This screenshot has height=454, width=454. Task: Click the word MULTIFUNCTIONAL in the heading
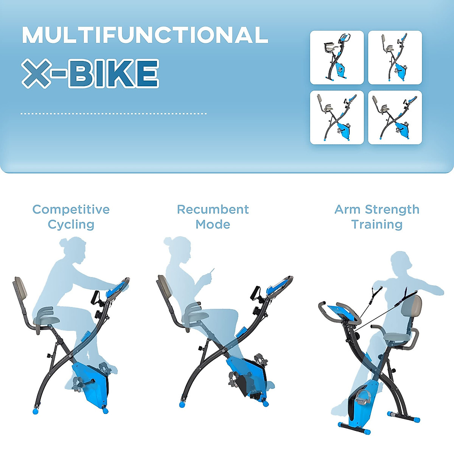145,35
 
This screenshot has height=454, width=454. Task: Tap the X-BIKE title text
90,73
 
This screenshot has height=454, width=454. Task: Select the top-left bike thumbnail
337,57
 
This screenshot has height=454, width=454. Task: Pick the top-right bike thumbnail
395,57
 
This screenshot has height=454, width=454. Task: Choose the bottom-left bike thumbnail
337,117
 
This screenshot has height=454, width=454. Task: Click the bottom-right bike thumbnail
395,117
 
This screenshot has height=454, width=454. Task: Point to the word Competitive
71,209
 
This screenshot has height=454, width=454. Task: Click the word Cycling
71,224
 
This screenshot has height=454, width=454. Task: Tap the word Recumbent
213,209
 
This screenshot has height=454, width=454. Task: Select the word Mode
213,224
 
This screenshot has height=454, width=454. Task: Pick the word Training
377,224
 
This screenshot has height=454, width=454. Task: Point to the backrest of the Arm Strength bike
413,308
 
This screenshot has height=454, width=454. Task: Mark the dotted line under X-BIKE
113,113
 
